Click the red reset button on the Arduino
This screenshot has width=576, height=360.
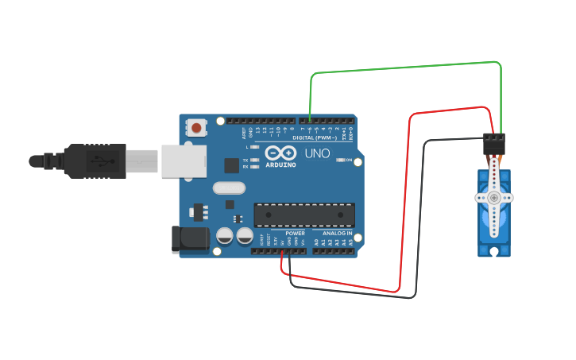click(x=196, y=126)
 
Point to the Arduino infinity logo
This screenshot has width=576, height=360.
click(x=280, y=153)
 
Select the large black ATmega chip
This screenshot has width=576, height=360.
click(x=303, y=215)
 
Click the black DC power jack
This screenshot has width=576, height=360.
click(x=190, y=240)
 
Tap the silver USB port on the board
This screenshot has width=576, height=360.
click(x=184, y=160)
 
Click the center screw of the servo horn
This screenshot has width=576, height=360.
click(x=494, y=197)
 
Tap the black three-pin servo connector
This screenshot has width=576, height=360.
click(x=493, y=144)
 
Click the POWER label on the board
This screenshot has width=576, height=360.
click(x=295, y=234)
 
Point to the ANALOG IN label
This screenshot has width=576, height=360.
click(x=338, y=234)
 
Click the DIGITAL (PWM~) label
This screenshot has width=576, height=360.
click(x=314, y=137)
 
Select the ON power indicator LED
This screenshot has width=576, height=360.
click(x=340, y=160)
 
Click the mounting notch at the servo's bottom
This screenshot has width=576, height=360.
click(x=494, y=252)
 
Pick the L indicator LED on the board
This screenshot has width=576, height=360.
click(x=253, y=148)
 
